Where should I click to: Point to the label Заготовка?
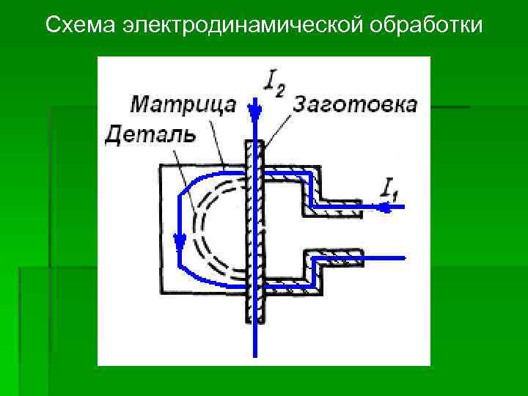coord(354,104)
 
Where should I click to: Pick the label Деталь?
coord(150,134)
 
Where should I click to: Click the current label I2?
coord(272,83)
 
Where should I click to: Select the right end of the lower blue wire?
coord(404,257)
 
